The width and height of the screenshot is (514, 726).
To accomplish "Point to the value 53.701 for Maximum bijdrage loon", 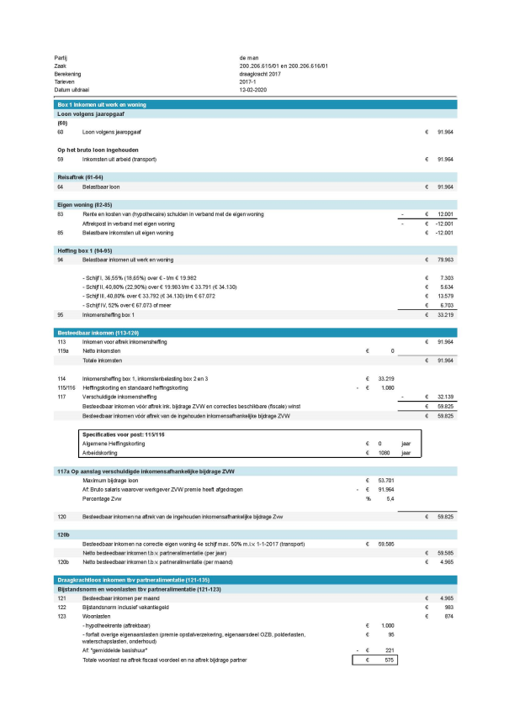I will coord(385,481).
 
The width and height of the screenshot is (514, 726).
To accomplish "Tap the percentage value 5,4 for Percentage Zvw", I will coord(389,500).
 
